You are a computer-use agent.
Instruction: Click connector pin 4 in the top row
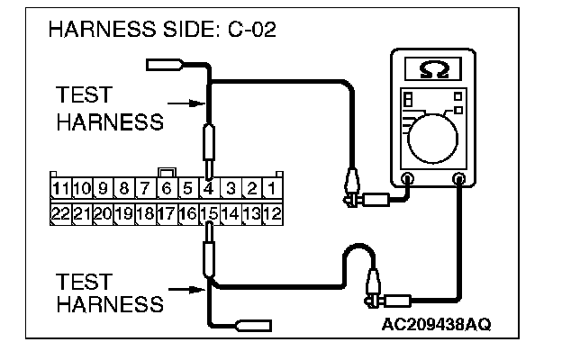click(x=208, y=189)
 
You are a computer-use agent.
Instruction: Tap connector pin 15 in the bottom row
click(x=208, y=214)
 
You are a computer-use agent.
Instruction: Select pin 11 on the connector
click(x=60, y=189)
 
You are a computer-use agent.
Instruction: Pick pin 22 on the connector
click(x=60, y=214)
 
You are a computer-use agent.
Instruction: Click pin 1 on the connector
click(x=272, y=189)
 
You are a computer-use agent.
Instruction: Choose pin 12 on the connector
click(x=272, y=214)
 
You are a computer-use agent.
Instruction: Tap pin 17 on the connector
click(x=166, y=214)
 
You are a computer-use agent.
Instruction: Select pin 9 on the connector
click(x=103, y=189)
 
